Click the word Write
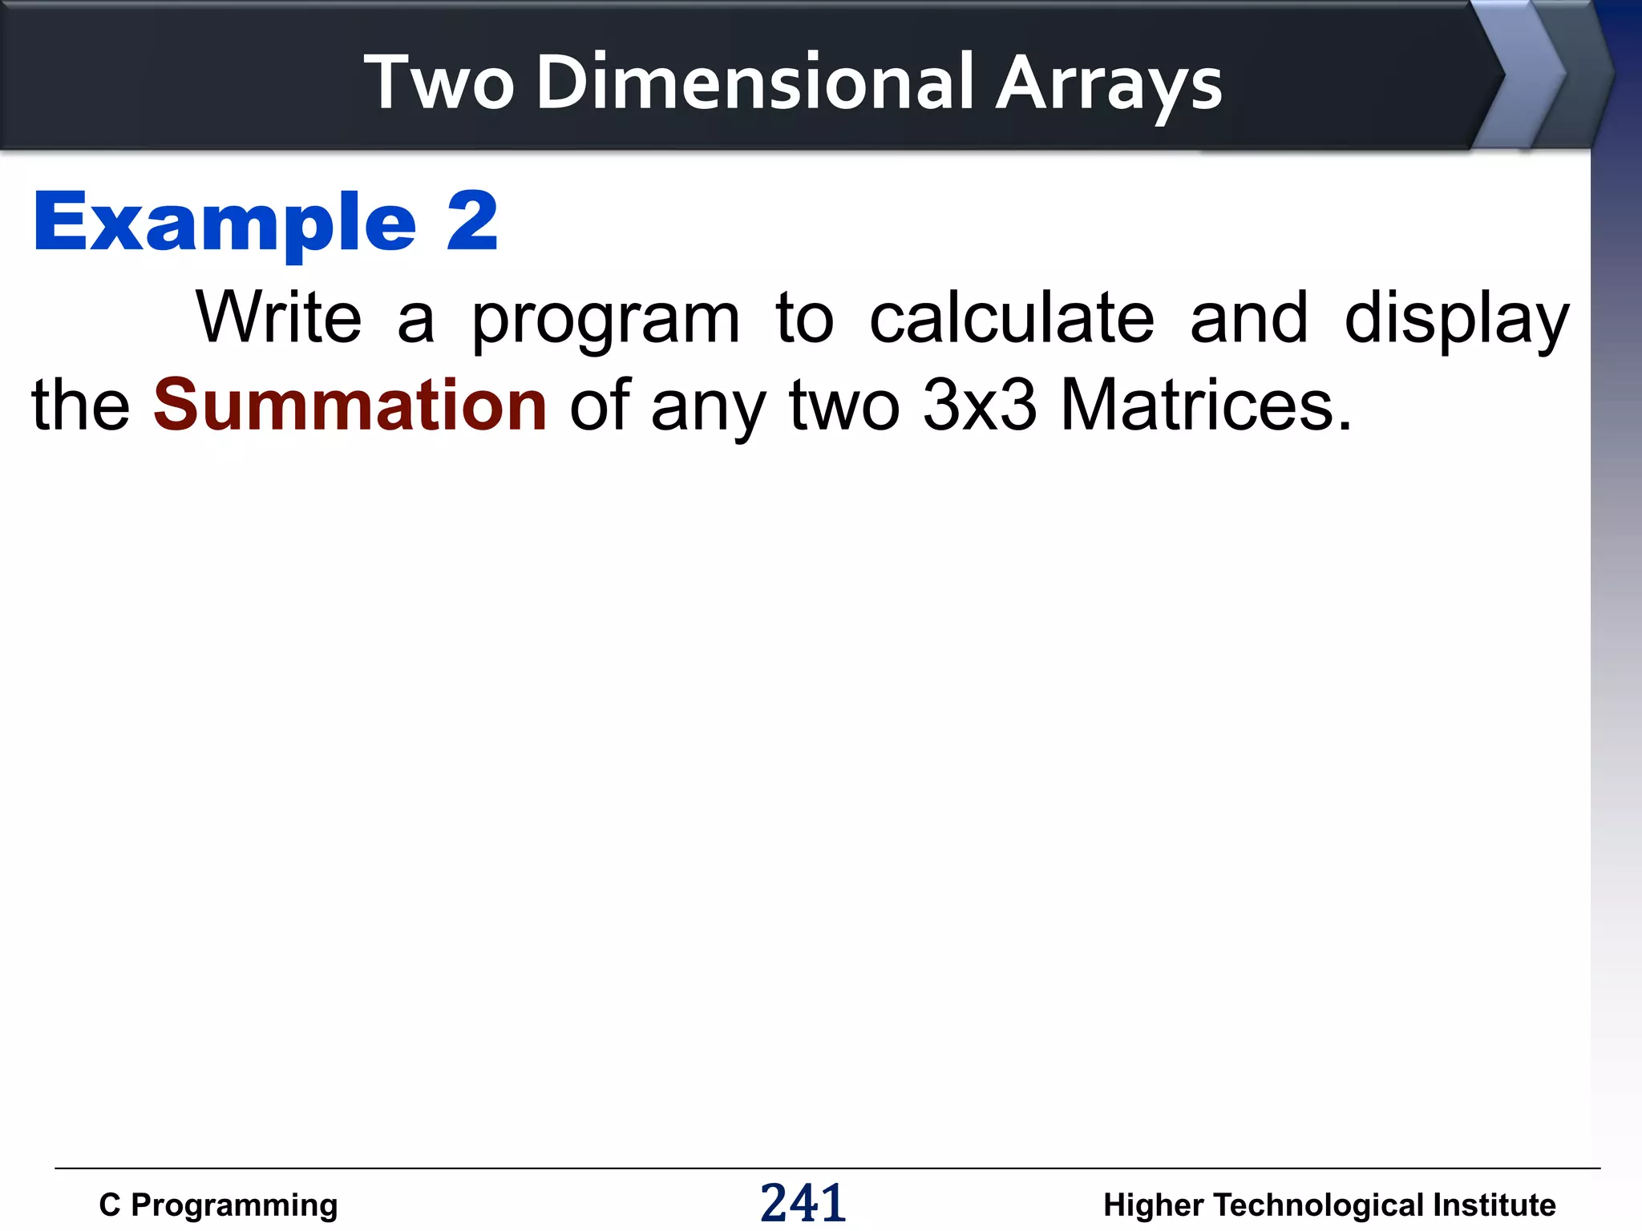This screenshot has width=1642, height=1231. point(279,318)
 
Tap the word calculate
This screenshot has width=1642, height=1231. point(1012,318)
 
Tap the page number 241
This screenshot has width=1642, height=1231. point(803,1203)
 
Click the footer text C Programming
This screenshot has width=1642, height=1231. point(218,1205)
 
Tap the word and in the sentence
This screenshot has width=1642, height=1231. point(1248,318)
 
